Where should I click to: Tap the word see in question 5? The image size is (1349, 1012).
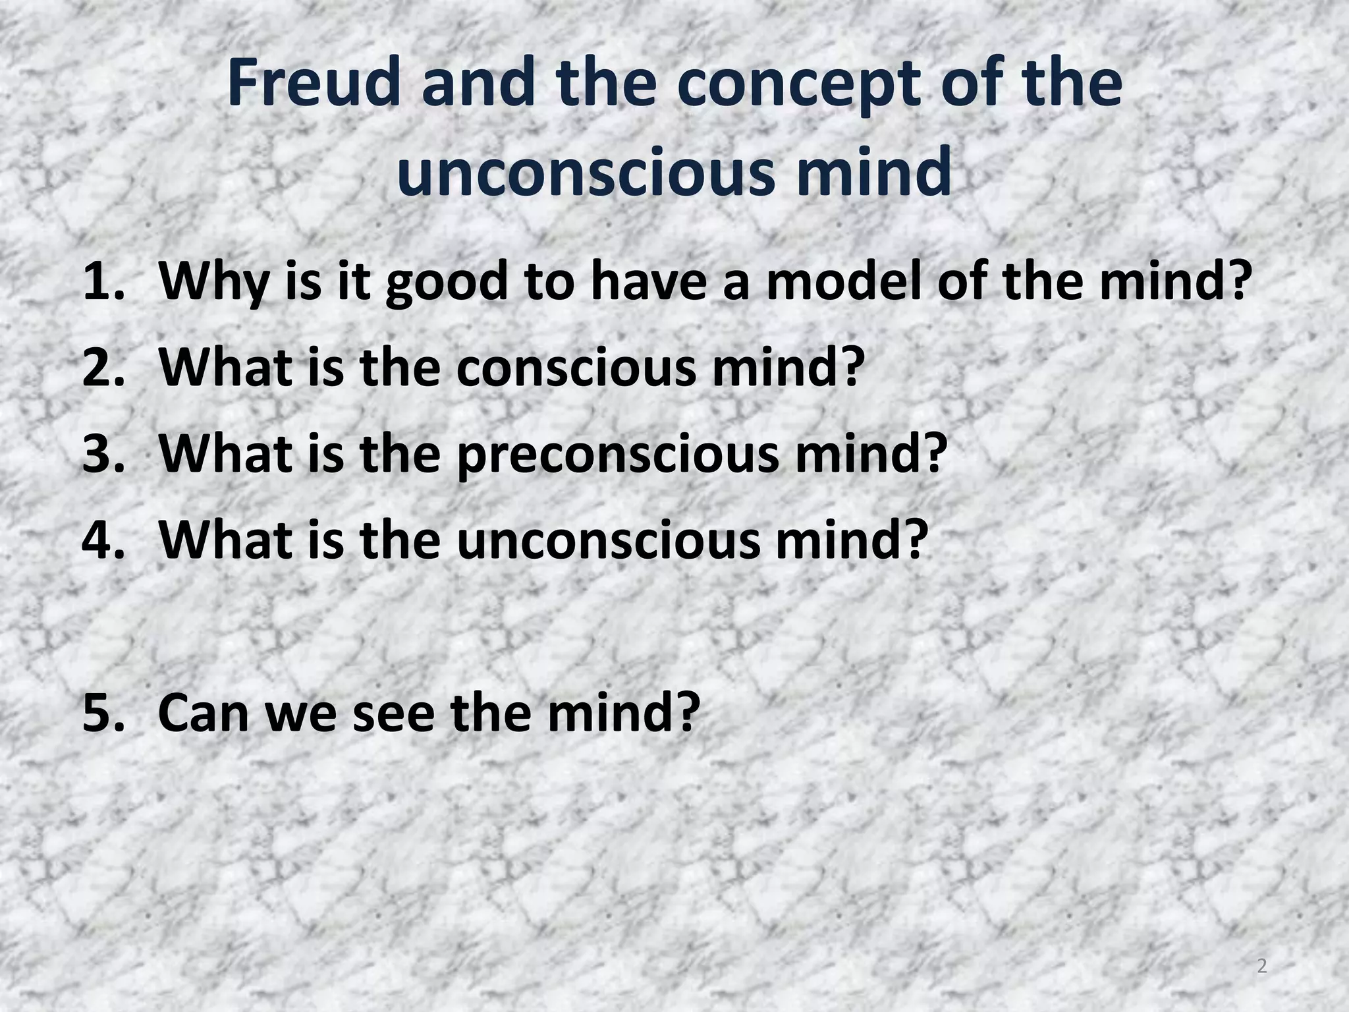(x=393, y=713)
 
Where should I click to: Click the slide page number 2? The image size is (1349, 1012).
(x=1261, y=967)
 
